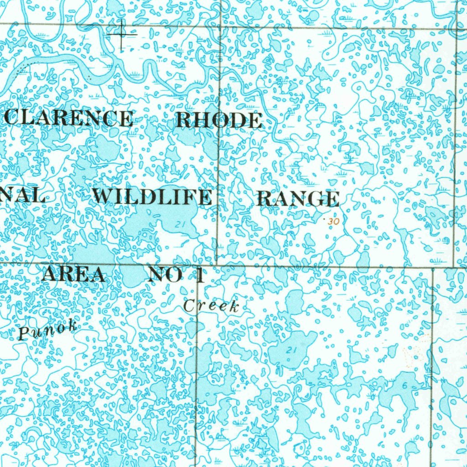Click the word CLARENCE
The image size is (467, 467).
(x=69, y=119)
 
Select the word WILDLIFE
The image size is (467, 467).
(x=152, y=197)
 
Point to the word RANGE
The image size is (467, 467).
(x=298, y=199)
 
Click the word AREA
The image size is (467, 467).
(x=73, y=275)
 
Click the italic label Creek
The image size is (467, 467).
(x=211, y=306)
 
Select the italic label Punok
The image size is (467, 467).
(x=47, y=330)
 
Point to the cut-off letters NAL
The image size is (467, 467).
(x=23, y=197)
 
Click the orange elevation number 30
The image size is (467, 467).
(x=333, y=222)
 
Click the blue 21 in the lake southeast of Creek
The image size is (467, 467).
(x=291, y=350)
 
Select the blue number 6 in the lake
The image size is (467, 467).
(x=405, y=385)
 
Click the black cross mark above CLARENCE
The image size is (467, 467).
(x=122, y=34)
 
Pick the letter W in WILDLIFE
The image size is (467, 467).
(x=104, y=197)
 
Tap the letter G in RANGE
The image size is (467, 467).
(x=320, y=200)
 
